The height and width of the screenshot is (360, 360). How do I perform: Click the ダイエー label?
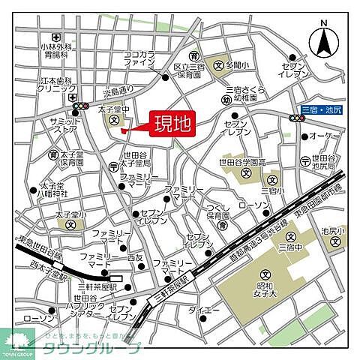pyautogui.click(x=203, y=309)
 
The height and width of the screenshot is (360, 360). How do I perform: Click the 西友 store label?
pyautogui.click(x=135, y=257)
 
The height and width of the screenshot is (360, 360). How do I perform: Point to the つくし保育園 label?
pyautogui.click(x=218, y=210)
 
